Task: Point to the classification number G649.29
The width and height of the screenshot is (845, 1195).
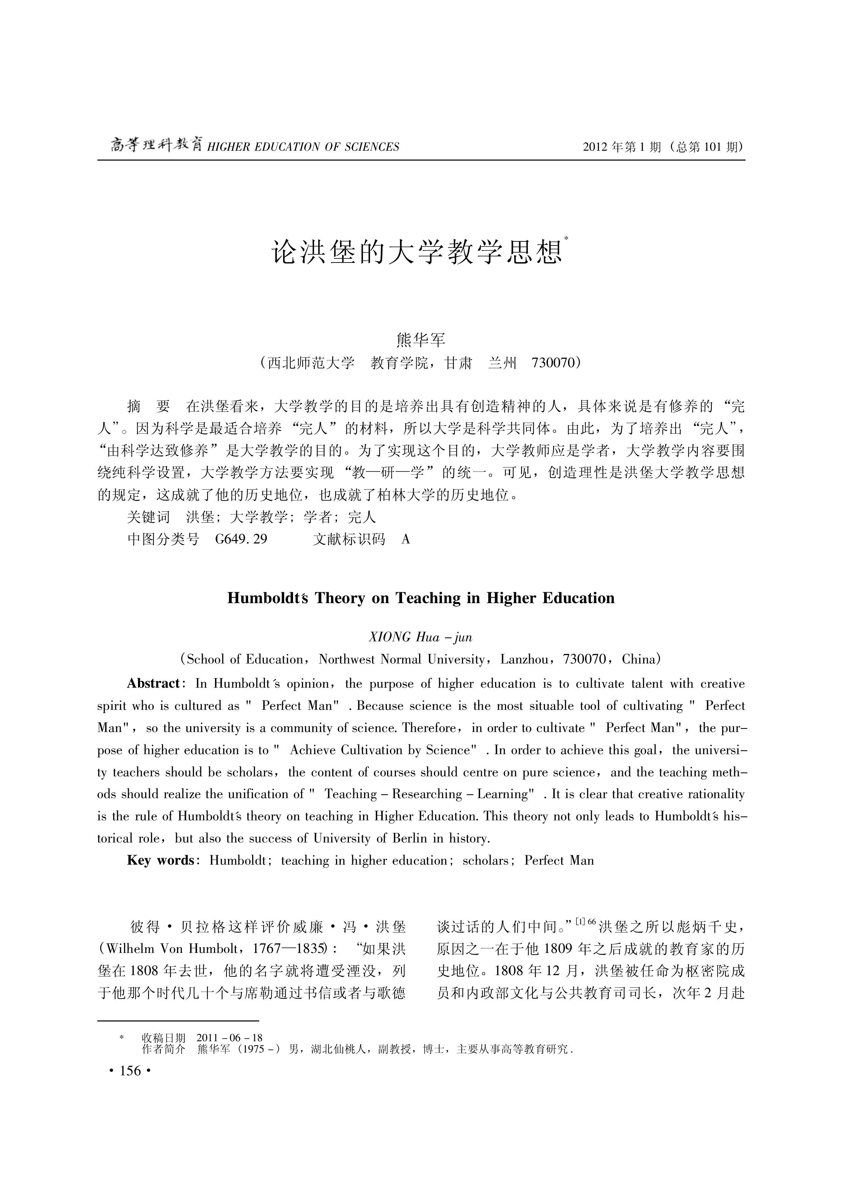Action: point(241,539)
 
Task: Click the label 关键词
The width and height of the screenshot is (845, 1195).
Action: point(149,517)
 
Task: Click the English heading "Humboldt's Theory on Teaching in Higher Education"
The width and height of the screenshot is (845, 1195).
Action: point(421,598)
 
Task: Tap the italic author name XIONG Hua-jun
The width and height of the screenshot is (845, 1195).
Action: point(420,637)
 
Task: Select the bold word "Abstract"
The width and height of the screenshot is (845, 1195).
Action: point(153,684)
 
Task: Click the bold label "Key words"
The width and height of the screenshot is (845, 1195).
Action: point(161,860)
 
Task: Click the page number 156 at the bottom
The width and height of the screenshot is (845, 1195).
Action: point(130,1071)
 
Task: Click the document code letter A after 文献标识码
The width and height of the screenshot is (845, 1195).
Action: point(406,539)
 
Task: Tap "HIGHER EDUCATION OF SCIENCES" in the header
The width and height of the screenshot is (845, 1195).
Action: point(303,147)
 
